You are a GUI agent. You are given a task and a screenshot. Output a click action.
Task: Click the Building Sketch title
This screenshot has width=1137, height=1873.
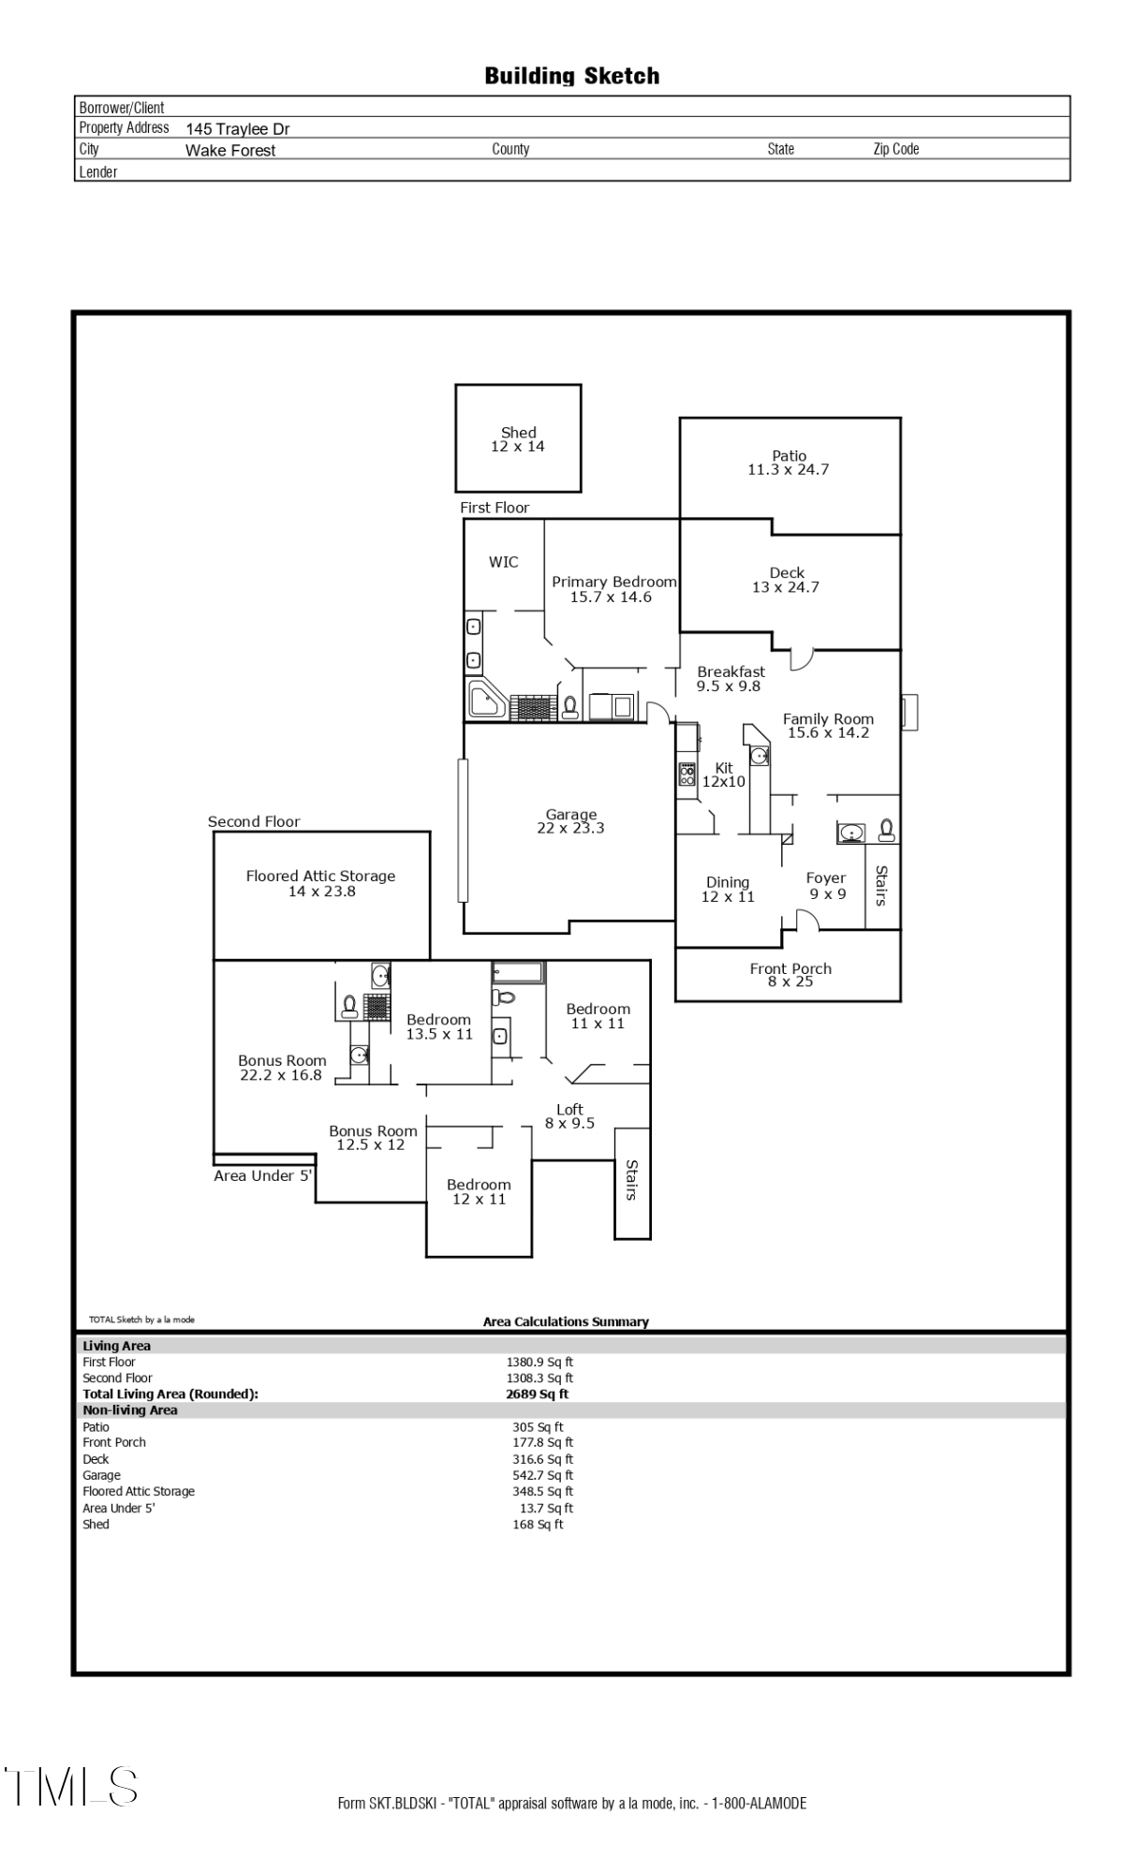click(x=571, y=76)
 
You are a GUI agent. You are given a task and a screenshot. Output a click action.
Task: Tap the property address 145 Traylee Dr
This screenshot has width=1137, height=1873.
click(x=237, y=129)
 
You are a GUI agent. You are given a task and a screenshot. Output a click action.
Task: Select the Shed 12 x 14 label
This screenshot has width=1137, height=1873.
click(x=518, y=439)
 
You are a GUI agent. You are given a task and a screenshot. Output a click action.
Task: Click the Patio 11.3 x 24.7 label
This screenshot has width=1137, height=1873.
click(x=789, y=463)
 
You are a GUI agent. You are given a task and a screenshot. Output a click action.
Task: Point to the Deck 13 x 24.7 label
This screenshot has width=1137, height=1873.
click(x=786, y=580)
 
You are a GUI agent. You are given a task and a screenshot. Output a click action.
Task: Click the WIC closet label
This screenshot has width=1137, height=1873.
click(x=503, y=562)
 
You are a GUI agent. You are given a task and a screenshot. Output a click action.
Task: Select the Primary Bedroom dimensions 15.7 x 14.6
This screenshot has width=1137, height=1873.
click(x=611, y=597)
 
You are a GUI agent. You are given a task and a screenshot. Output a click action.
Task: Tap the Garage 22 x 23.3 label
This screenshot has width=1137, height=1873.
click(x=570, y=821)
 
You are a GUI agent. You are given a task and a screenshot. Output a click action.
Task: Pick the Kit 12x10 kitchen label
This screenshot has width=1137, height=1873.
click(x=724, y=774)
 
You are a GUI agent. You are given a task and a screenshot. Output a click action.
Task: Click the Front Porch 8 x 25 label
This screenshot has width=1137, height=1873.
click(x=790, y=975)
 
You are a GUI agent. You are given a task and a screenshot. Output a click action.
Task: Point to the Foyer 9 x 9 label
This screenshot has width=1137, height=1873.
click(x=827, y=886)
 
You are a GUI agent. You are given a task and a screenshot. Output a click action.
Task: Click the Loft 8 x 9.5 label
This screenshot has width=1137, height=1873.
click(x=569, y=1116)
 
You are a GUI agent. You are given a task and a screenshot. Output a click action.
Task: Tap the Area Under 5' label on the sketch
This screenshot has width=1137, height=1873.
click(x=262, y=1176)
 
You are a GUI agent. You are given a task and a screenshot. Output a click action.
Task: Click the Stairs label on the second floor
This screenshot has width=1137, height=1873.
click(x=632, y=1180)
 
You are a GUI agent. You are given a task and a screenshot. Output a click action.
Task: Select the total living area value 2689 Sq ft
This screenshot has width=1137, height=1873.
click(x=537, y=1394)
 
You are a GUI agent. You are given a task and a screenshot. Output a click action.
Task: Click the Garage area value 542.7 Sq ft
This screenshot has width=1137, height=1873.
click(x=542, y=1475)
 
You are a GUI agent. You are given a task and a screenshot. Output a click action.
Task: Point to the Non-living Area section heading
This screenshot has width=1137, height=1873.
click(x=130, y=1409)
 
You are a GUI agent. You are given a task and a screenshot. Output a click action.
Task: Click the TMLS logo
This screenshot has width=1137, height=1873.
click(x=71, y=1787)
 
